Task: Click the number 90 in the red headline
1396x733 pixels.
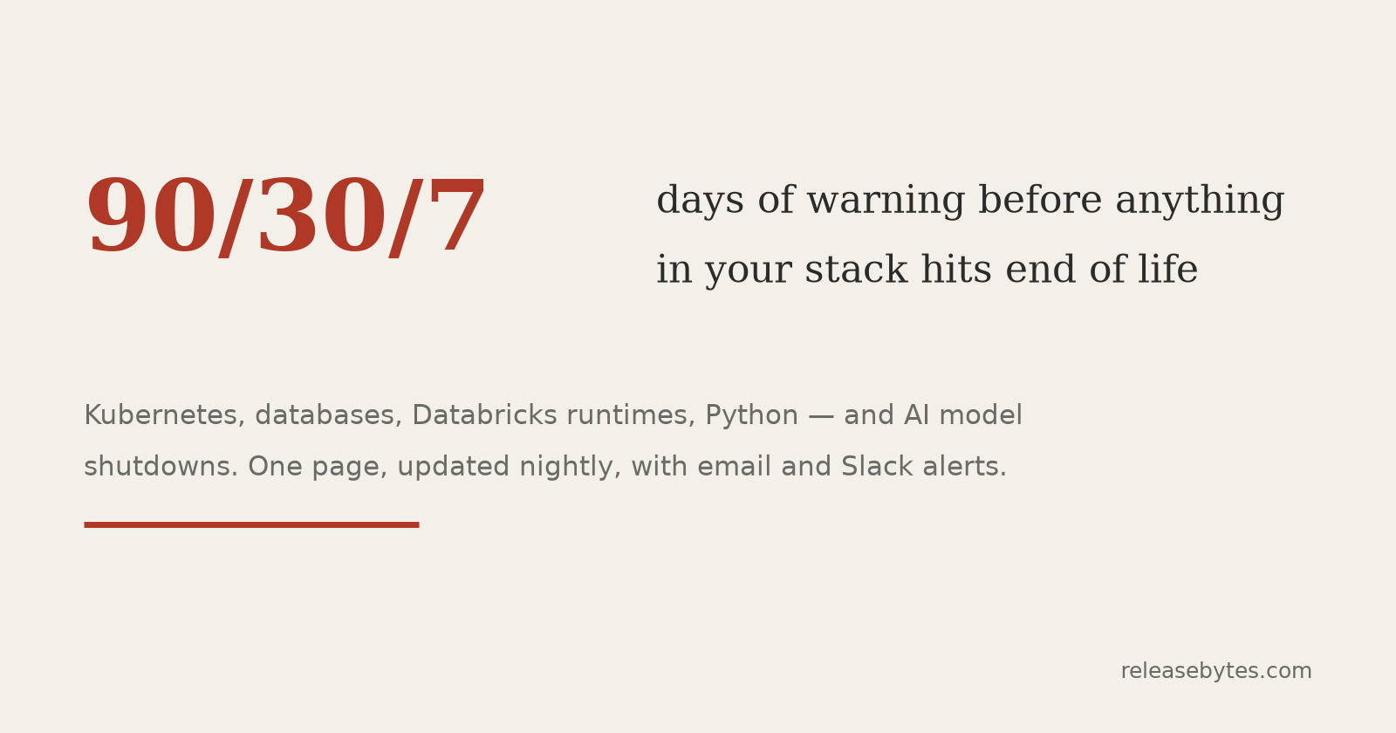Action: coord(151,215)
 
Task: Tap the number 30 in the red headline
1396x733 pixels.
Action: coord(322,215)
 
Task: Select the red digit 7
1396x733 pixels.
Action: coord(457,215)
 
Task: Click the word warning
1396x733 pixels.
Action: coord(886,202)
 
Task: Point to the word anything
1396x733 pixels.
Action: coord(1200,202)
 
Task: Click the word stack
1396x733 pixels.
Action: coord(856,270)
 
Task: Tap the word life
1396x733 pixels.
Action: coord(1168,270)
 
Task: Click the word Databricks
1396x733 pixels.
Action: coord(484,415)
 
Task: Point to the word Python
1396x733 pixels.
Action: coord(751,416)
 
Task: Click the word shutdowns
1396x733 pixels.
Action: coord(161,467)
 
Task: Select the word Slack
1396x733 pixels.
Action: coord(877,466)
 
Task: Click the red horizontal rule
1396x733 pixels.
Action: coord(252,524)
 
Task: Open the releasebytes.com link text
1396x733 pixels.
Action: coord(1216,671)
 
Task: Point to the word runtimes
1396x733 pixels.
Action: coord(631,415)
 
